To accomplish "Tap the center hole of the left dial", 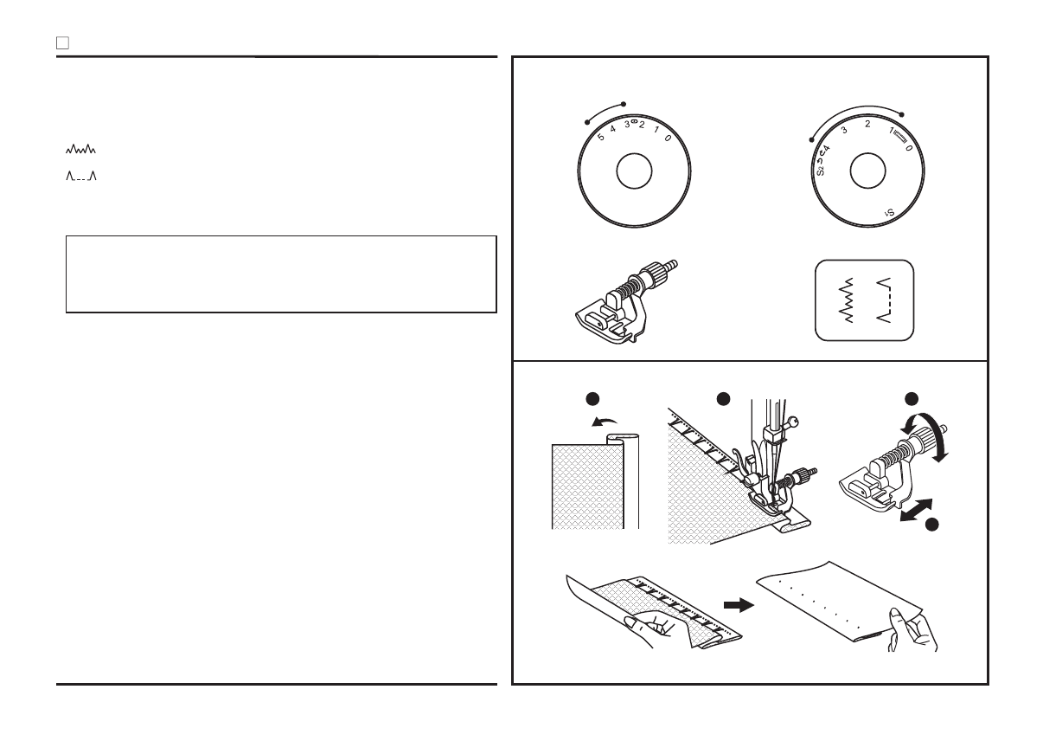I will (x=633, y=171).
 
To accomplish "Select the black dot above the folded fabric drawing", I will (x=592, y=398).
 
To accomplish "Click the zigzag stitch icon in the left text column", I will (x=80, y=149).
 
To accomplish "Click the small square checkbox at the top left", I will (x=62, y=42).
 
